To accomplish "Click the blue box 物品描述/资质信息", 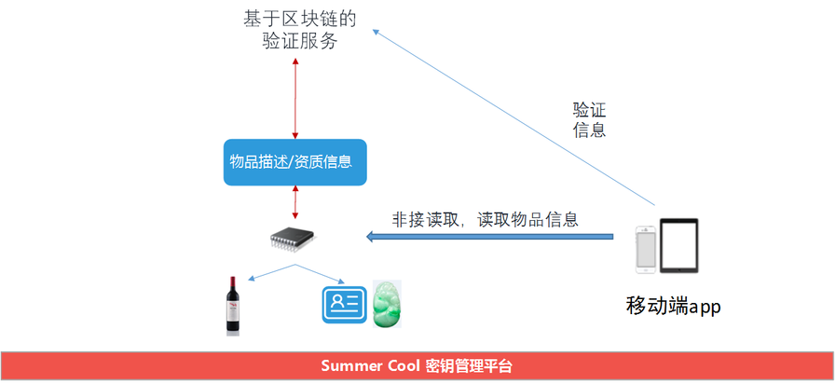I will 294,162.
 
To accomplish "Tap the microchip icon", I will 293,239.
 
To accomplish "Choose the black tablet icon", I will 679,246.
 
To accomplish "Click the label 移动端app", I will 675,306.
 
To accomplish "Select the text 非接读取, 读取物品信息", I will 486,220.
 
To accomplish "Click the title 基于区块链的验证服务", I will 294,30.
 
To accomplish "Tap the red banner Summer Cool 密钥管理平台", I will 417,365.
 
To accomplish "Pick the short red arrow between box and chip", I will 295,200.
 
